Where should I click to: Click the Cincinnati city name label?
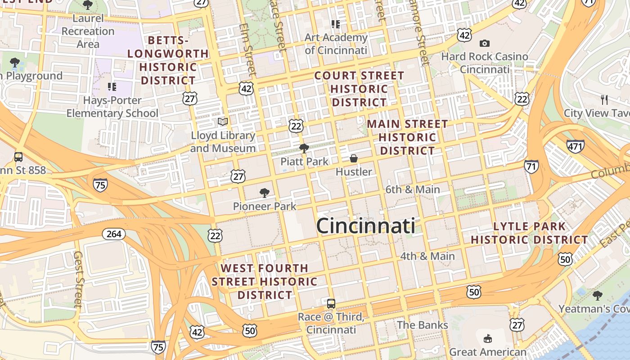pos(365,225)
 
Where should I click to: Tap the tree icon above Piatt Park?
pos(304,148)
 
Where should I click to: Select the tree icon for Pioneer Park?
pos(265,193)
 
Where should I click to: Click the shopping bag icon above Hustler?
pos(354,158)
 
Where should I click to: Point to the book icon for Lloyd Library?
pos(223,121)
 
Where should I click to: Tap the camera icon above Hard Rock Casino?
pos(485,43)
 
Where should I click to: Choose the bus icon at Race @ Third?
pos(331,303)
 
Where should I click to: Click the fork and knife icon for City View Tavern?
pos(604,99)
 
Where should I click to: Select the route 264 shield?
pos(114,234)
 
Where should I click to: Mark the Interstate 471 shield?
pos(576,146)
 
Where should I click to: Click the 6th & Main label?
pos(413,189)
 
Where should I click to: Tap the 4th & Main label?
pos(427,256)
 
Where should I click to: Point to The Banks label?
pos(422,325)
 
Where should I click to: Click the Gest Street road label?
pos(78,279)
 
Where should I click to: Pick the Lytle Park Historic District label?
pos(529,233)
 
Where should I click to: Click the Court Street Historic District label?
pos(359,89)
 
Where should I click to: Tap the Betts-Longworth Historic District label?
pos(168,60)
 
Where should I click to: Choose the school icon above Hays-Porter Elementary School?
pos(112,86)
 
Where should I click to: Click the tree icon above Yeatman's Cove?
pos(598,296)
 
